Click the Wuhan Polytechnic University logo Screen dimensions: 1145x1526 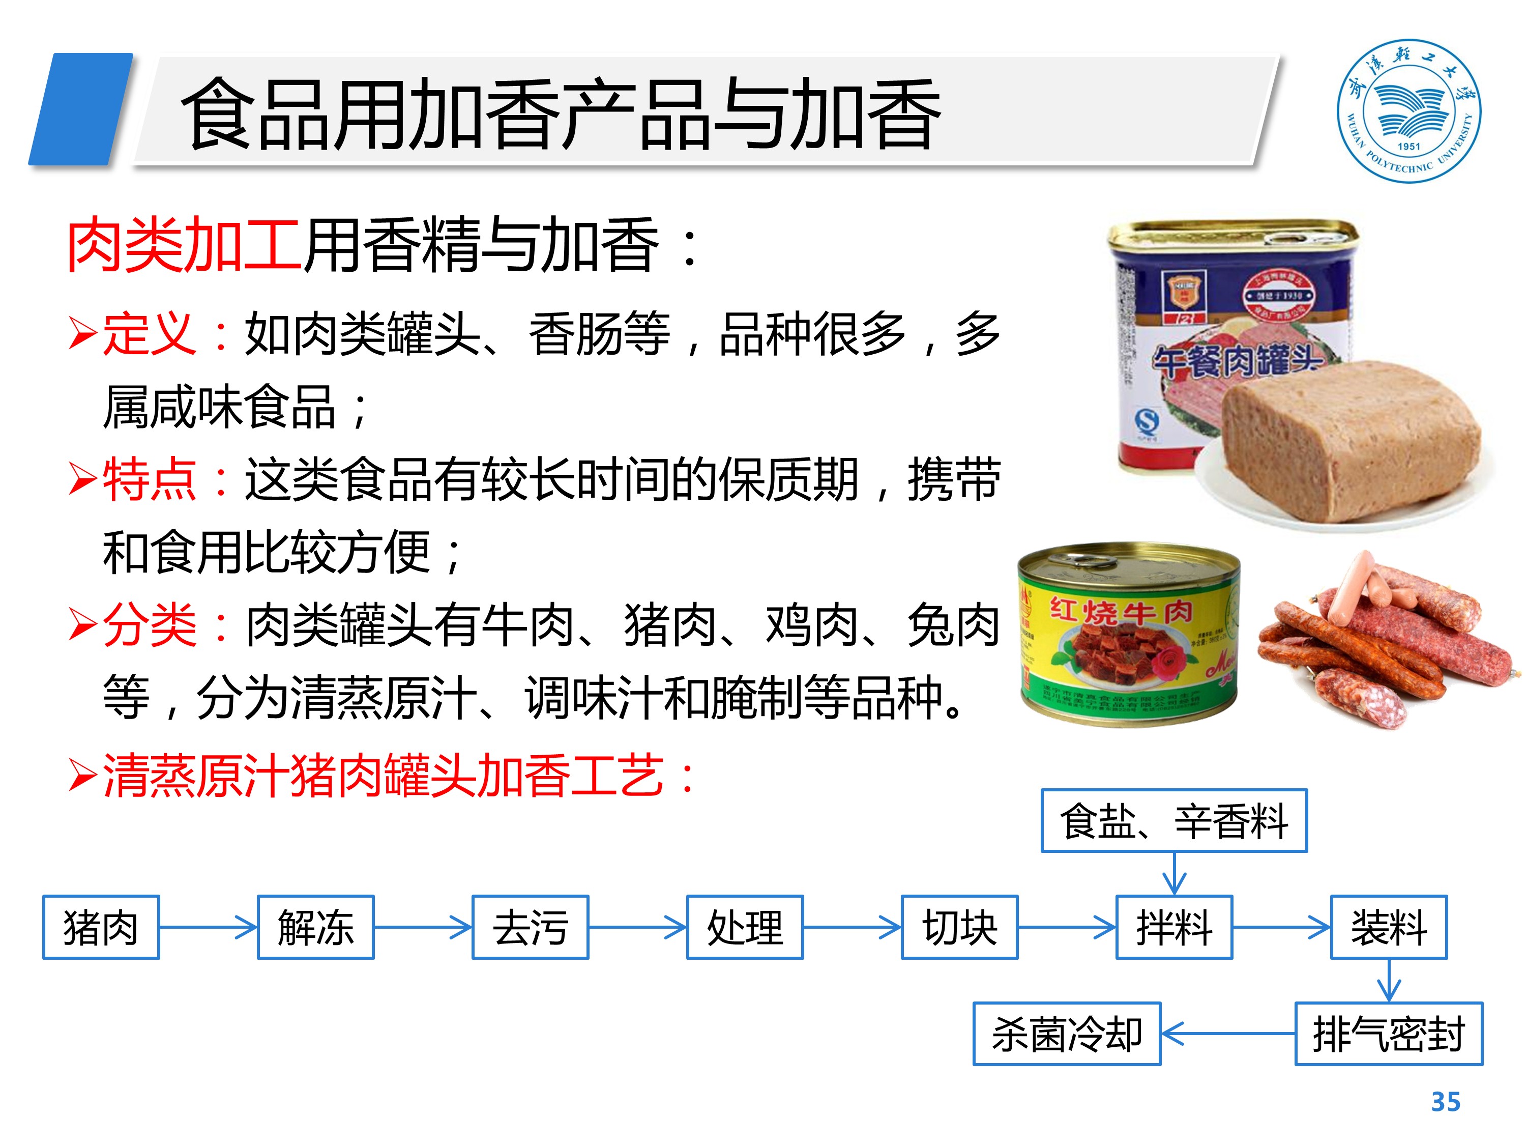1408,110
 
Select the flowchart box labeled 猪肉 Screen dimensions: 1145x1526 101,927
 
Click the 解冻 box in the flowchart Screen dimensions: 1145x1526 315,927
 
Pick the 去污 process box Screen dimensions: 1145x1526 530,927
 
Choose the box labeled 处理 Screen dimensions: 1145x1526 744,927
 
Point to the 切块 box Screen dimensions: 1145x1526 959,927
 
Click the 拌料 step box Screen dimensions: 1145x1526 1173,927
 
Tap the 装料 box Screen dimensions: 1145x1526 1388,927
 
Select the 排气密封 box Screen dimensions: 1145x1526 1388,1033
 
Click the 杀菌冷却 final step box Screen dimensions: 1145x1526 1067,1033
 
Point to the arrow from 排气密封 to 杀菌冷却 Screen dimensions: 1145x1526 1228,1033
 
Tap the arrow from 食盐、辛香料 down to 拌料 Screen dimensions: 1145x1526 1173,874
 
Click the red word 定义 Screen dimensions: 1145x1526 149,334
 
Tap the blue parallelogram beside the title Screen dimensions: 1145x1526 81,109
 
